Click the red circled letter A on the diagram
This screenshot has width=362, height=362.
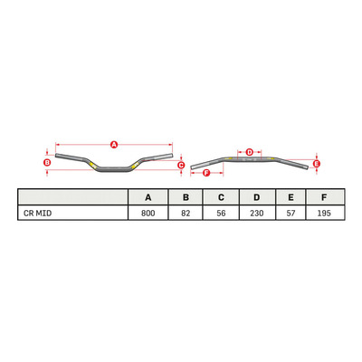tap(114, 145)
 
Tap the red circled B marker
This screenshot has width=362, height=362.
tap(47, 162)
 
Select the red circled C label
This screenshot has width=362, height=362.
tap(181, 165)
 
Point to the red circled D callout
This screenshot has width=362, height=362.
tap(249, 151)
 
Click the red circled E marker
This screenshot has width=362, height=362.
tap(317, 164)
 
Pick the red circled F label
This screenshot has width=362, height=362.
tap(206, 173)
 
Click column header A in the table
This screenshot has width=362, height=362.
tap(148, 197)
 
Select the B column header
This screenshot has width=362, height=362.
tap(186, 197)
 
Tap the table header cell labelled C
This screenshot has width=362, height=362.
tap(221, 197)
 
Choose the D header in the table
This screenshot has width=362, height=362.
tap(257, 197)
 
